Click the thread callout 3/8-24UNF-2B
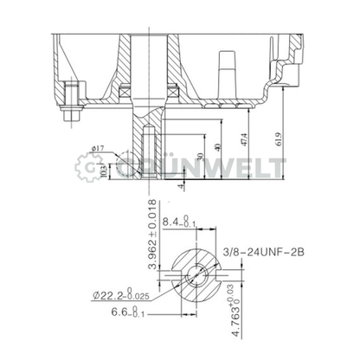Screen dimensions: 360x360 point(263,252)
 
